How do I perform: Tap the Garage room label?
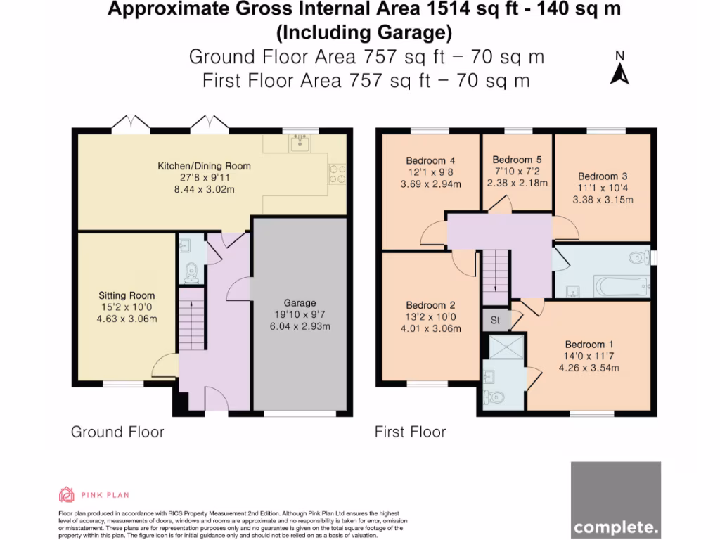tap(300, 303)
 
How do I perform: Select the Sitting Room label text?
tap(127, 295)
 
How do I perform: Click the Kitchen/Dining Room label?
tap(204, 166)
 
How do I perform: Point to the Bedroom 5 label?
tap(517, 160)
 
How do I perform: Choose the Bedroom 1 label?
tap(589, 344)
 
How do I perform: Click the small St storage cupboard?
tap(494, 321)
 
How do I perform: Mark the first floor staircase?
tap(495, 272)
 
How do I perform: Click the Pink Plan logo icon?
tap(67, 494)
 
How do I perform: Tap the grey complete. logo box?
tap(615, 499)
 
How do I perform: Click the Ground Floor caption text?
tap(117, 431)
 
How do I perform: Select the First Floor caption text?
tap(410, 431)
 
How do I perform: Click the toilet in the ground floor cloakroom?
tap(190, 271)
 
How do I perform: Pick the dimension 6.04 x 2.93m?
tap(300, 326)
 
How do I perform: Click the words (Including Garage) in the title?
tap(364, 32)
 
